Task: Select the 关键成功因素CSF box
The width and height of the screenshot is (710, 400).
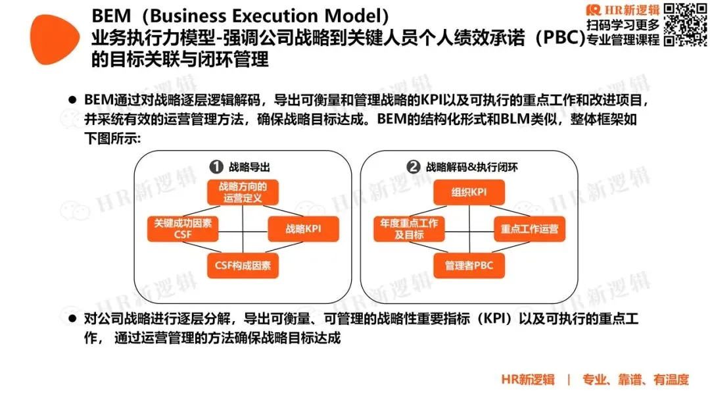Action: [182, 229]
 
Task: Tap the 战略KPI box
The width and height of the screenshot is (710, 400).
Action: [303, 229]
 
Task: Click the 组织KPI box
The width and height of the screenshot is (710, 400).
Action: [469, 192]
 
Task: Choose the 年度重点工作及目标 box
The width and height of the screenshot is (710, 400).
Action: [409, 229]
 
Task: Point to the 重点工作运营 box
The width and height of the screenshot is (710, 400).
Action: [529, 229]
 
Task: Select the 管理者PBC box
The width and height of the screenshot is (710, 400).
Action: [469, 266]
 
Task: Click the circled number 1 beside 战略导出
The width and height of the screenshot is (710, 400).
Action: [214, 167]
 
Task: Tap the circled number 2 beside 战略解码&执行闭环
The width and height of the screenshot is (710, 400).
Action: [414, 167]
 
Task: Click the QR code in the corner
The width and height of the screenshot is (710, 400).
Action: [686, 24]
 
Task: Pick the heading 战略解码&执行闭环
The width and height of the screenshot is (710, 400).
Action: [471, 167]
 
